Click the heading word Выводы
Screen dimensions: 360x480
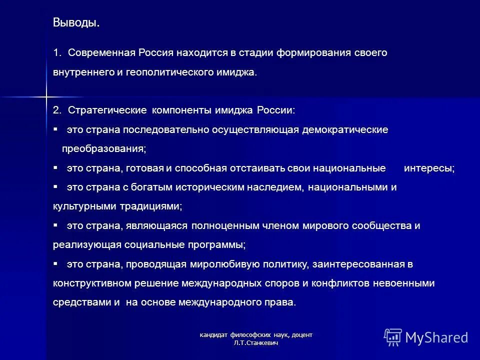[x=76, y=23]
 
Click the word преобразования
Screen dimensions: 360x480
[x=104, y=149]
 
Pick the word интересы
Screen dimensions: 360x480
[x=428, y=168]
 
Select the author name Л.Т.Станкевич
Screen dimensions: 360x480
[x=255, y=343]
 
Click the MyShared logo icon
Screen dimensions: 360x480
[x=392, y=337]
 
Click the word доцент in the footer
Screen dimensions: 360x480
[x=301, y=334]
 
